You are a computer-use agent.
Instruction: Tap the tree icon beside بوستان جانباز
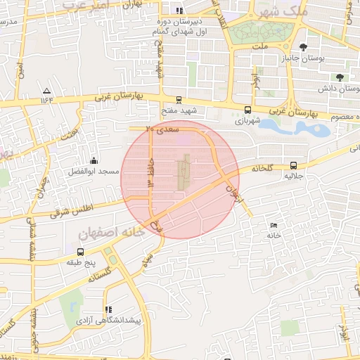303,47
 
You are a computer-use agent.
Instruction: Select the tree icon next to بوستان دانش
341,77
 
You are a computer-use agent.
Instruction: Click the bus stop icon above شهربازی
247,110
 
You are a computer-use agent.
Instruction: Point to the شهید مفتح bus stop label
178,110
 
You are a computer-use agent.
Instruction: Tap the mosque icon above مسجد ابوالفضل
94,160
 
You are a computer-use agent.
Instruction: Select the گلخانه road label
260,168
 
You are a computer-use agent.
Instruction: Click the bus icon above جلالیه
293,167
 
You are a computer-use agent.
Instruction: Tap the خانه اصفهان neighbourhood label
114,230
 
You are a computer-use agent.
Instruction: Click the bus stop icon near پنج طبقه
80,252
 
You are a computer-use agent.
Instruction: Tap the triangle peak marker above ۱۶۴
46,91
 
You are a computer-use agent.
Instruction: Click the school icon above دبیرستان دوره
179,11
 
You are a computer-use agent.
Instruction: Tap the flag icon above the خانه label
273,225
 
